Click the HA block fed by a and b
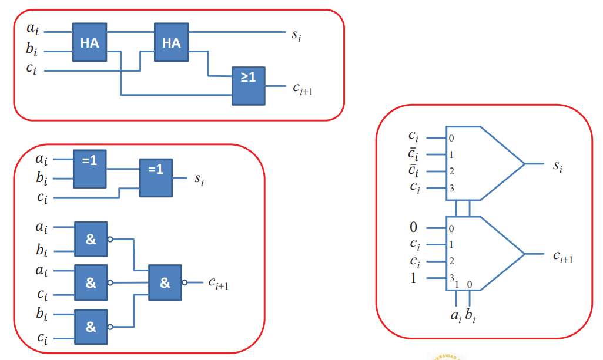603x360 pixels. click(90, 43)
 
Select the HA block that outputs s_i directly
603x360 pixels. click(171, 43)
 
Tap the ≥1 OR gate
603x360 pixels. click(249, 85)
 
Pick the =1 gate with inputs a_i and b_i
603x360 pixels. click(90, 168)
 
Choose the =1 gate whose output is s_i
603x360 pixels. click(156, 177)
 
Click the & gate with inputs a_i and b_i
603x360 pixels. click(91, 239)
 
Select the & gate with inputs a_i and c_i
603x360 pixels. click(91, 282)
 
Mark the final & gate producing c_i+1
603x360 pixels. click(165, 282)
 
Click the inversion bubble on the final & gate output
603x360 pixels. click(185, 282)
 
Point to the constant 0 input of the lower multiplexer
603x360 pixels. click(413, 227)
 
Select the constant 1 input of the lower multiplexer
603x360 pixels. click(413, 278)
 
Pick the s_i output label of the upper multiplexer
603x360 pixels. click(558, 166)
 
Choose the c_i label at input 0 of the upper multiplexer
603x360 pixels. click(414, 137)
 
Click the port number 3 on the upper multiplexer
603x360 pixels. click(451, 189)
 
